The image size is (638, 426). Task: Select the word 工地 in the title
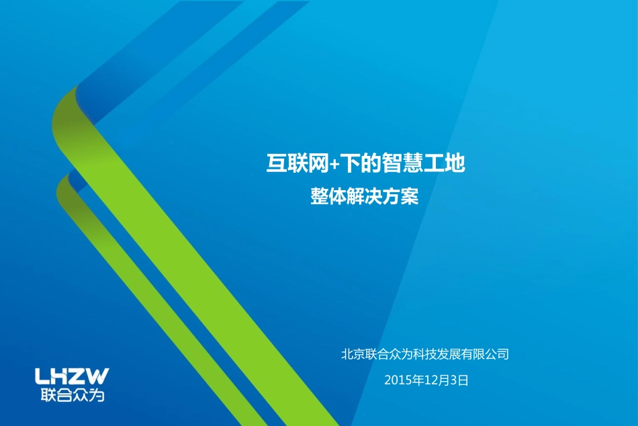(445, 163)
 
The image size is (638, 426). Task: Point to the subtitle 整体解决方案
(365, 197)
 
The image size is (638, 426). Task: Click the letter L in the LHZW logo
(42, 376)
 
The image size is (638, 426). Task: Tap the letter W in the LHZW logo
(97, 376)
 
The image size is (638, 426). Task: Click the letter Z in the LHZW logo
(78, 376)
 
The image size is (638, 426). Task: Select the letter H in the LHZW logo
(60, 376)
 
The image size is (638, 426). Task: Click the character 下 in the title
(349, 163)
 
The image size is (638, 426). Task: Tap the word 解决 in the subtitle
(365, 197)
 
